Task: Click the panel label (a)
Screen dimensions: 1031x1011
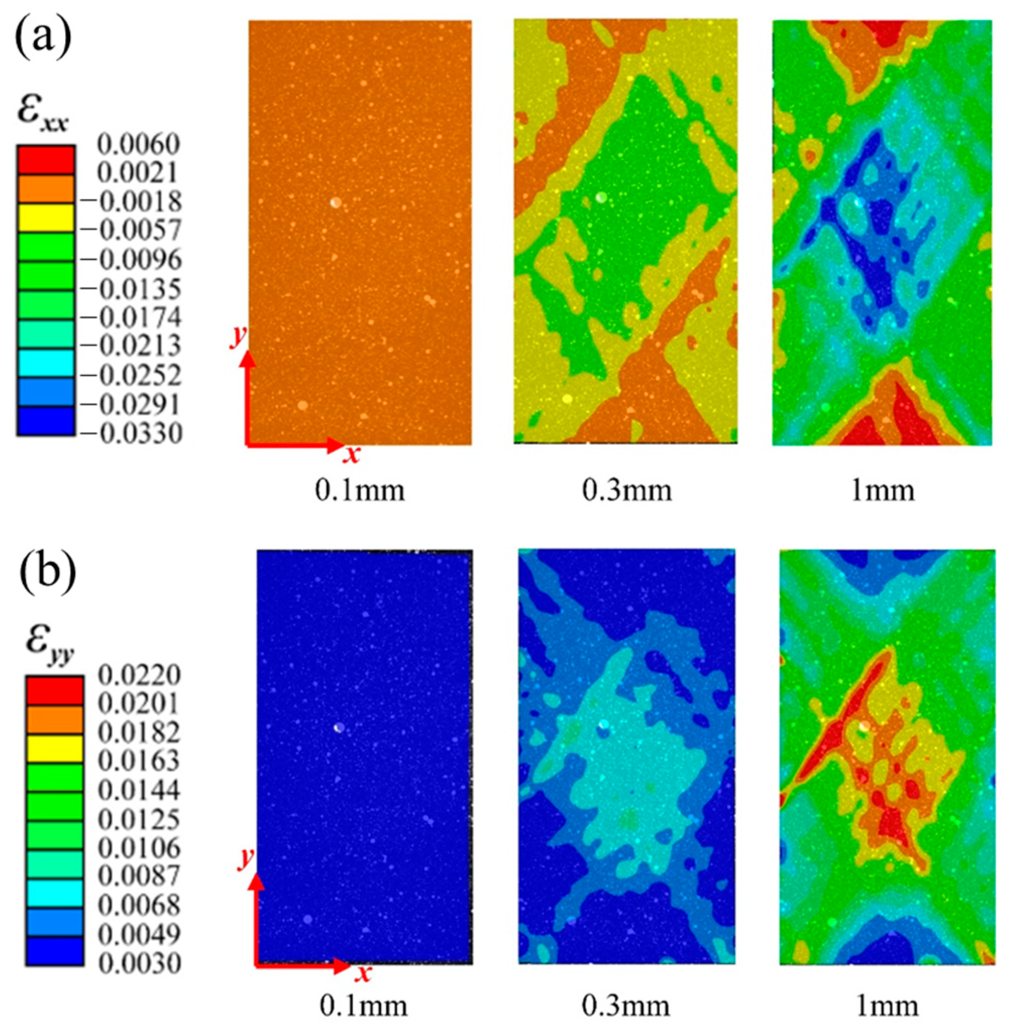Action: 42,40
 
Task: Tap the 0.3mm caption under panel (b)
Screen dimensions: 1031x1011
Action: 627,1005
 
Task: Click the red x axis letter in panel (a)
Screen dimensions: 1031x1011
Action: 351,455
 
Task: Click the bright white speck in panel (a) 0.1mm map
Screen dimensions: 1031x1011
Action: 335,202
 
